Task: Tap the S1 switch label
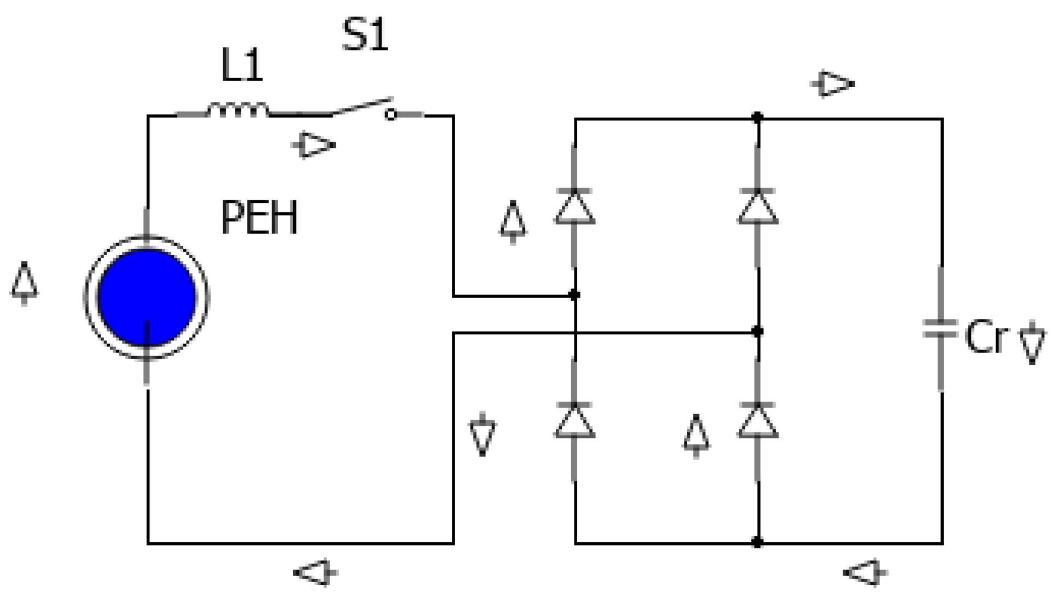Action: click(365, 34)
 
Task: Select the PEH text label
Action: click(259, 218)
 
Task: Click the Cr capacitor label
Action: click(986, 338)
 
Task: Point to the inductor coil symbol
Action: click(237, 111)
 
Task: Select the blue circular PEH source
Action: click(147, 297)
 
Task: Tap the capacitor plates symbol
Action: click(940, 329)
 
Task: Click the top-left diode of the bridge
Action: click(574, 207)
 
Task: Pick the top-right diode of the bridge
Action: click(758, 207)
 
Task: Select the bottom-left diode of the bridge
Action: click(574, 421)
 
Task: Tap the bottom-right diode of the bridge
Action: click(758, 421)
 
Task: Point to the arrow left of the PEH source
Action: click(25, 283)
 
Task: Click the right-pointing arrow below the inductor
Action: click(314, 145)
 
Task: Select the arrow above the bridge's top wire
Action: click(833, 84)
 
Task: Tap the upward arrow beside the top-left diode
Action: click(513, 222)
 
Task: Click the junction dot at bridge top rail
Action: click(757, 118)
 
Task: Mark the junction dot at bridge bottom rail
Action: click(757, 542)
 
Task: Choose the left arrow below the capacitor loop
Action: click(865, 573)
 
